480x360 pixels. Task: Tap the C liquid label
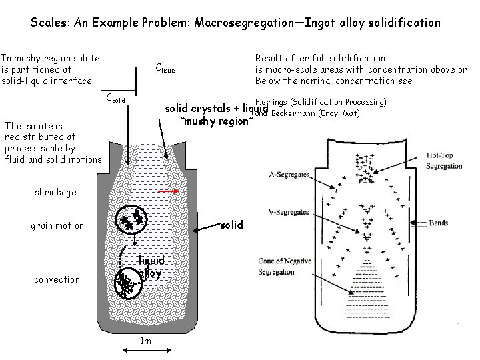165,67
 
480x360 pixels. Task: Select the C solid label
116,99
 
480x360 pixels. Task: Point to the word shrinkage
55,192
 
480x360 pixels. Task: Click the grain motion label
58,225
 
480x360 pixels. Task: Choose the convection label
57,279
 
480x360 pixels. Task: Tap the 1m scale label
145,341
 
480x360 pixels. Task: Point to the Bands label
438,223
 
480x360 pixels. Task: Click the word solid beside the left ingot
231,225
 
